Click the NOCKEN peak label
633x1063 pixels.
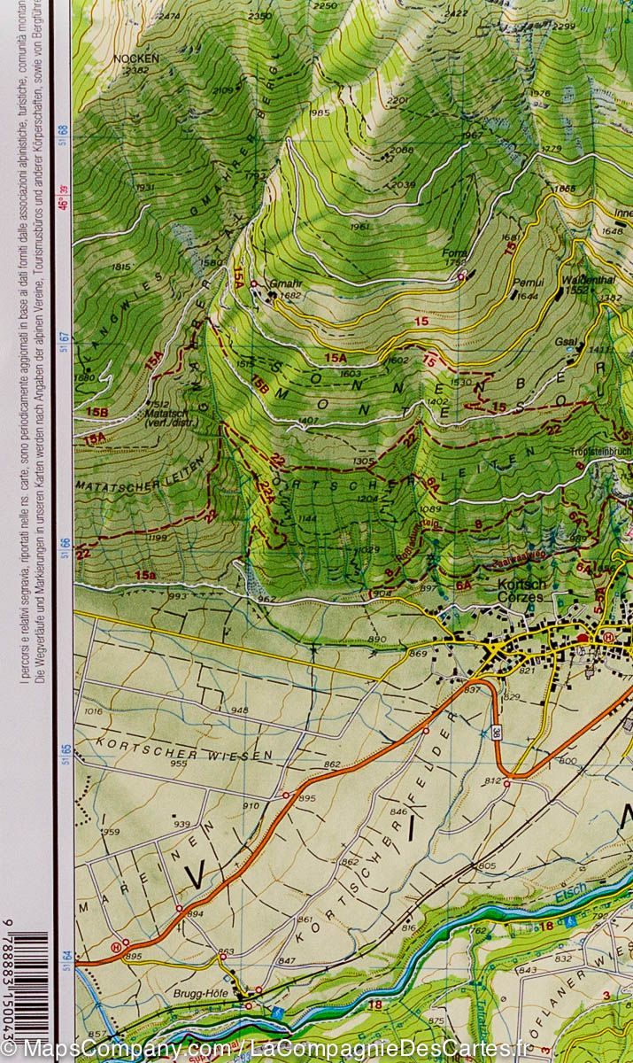click(x=136, y=58)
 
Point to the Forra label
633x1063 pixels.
click(x=454, y=253)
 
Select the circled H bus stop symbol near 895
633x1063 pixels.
click(x=116, y=946)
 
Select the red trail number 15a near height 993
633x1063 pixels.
click(x=145, y=576)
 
